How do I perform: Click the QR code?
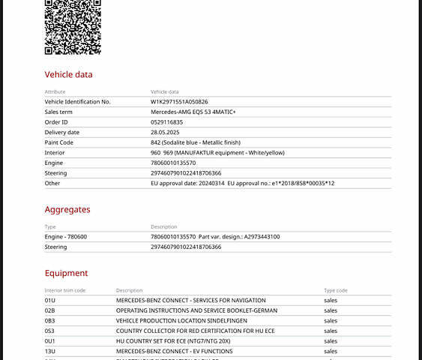pyautogui.click(x=73, y=26)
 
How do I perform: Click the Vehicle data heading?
pyautogui.click(x=69, y=74)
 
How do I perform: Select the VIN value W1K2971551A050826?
pyautogui.click(x=179, y=101)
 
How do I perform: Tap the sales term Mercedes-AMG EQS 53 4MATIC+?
pyautogui.click(x=193, y=112)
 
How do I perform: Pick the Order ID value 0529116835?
pyautogui.click(x=166, y=122)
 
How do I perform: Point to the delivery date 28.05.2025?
pyautogui.click(x=167, y=132)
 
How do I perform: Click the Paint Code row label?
pyautogui.click(x=59, y=142)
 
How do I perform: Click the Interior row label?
pyautogui.click(x=55, y=152)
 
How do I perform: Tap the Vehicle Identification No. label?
pyautogui.click(x=77, y=101)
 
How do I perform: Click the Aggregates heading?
pyautogui.click(x=67, y=210)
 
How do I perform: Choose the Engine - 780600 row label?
pyautogui.click(x=66, y=236)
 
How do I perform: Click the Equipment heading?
pyautogui.click(x=66, y=273)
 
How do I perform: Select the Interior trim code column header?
pyautogui.click(x=65, y=290)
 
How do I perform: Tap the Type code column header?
pyautogui.click(x=335, y=290)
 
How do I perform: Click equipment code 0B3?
pyautogui.click(x=50, y=320)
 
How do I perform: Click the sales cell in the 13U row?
pyautogui.click(x=331, y=351)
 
